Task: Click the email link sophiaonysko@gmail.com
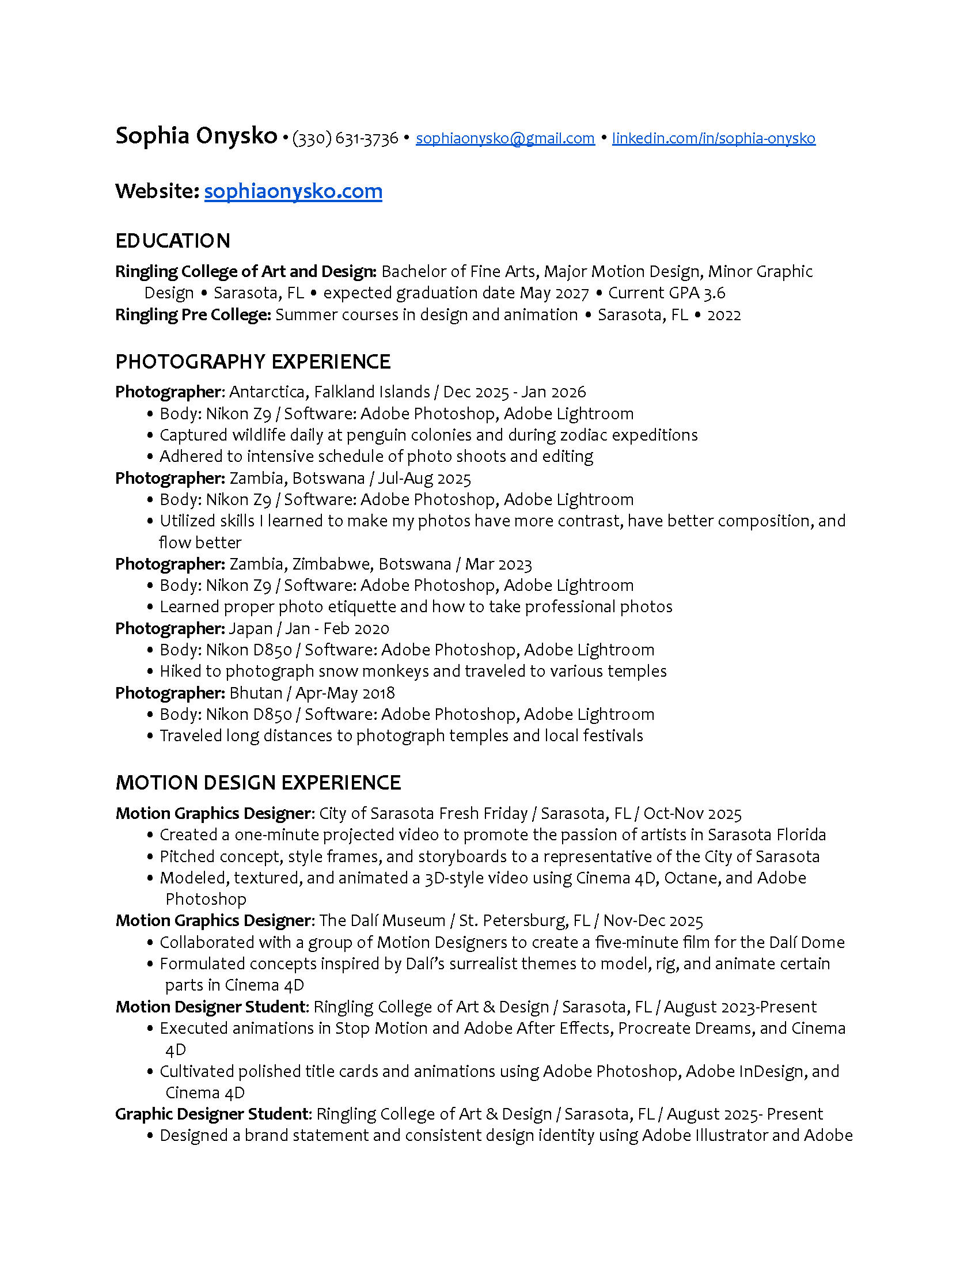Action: [504, 138]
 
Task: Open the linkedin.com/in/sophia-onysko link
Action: [714, 138]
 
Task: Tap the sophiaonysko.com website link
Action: [293, 191]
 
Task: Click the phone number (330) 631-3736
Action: [345, 138]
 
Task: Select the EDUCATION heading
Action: [173, 241]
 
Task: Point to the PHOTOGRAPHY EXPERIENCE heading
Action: [253, 362]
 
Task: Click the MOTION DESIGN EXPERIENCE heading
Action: [258, 783]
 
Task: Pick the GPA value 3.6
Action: [714, 293]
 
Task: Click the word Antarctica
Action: [267, 392]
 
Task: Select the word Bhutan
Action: [256, 693]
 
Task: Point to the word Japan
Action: [251, 628]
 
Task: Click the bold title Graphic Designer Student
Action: [212, 1114]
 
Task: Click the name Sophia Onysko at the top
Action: [196, 136]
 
